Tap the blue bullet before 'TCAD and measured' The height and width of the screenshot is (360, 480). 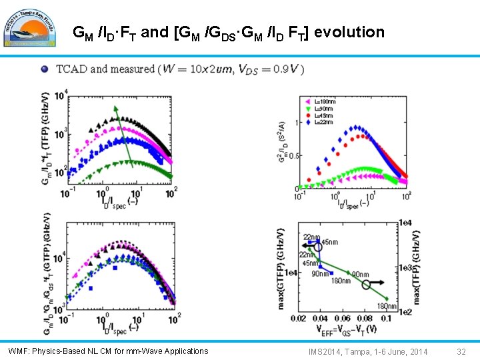pyautogui.click(x=44, y=69)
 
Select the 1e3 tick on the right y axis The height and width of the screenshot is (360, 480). pyautogui.click(x=405, y=267)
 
